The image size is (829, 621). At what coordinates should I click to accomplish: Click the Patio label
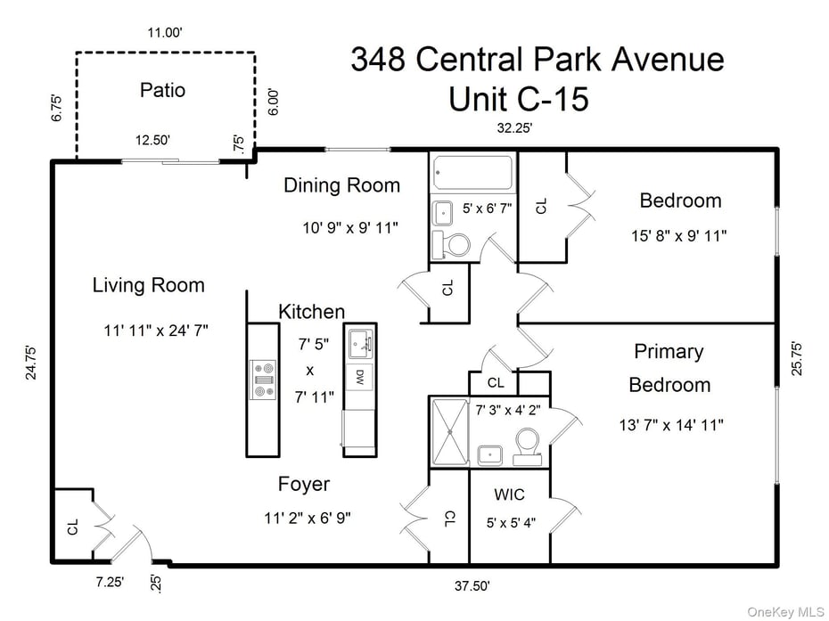pos(162,90)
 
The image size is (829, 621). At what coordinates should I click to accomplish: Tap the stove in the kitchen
pos(264,379)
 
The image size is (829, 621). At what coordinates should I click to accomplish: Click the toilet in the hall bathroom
pos(457,243)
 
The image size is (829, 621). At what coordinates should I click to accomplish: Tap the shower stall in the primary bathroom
pos(450,431)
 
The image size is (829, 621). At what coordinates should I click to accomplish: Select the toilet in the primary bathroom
pos(528,444)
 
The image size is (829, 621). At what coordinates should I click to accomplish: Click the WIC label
pos(509,494)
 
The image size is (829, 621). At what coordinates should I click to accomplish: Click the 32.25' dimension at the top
pos(514,128)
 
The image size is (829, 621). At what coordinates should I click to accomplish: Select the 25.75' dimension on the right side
pos(796,357)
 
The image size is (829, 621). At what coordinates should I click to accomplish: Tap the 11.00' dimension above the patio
pos(165,33)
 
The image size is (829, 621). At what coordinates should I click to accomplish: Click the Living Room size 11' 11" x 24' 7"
pos(155,331)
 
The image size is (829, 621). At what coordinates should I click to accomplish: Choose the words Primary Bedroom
pos(669,368)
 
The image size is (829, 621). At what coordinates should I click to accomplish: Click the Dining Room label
pos(341,185)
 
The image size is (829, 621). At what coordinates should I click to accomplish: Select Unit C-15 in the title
pos(518,99)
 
